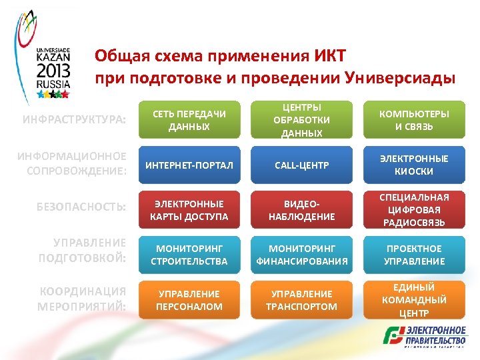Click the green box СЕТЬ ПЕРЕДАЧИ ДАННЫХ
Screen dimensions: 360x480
[189, 120]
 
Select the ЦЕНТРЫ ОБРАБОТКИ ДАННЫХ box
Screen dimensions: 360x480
[301, 120]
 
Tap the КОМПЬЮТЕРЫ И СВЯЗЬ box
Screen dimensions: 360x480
[414, 120]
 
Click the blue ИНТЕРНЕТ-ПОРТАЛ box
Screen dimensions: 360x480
[189, 165]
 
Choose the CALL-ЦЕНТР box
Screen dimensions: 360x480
[301, 165]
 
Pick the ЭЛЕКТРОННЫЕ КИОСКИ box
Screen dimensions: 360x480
[414, 165]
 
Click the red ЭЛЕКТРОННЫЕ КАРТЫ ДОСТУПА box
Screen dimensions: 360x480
[189, 209]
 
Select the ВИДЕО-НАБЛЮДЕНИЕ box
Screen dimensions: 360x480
[301, 209]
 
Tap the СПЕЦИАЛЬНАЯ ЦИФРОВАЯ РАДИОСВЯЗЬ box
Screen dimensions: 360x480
[414, 209]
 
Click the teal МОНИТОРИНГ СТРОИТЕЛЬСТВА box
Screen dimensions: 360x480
[189, 255]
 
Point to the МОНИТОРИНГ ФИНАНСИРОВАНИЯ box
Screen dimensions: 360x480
[301, 255]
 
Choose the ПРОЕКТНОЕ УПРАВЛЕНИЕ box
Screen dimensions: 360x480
[414, 255]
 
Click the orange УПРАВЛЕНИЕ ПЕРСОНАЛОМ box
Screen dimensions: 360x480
[189, 300]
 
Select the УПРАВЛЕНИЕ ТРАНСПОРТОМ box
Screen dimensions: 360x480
[301, 300]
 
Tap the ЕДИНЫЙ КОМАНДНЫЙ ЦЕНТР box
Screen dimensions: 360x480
[414, 300]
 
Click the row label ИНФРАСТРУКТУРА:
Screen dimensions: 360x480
[74, 119]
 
